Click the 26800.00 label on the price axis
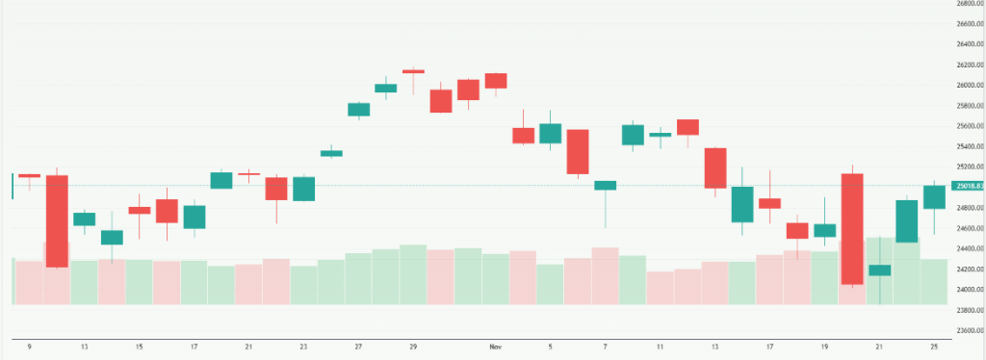click(966, 3)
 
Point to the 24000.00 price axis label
click(966, 290)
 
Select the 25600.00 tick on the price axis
click(966, 126)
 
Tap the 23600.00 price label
click(966, 330)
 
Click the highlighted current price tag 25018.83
click(967, 186)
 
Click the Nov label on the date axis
click(496, 345)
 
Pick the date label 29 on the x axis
click(414, 345)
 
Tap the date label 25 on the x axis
click(934, 345)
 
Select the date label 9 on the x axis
click(29, 345)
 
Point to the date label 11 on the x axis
click(661, 345)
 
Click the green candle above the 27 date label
click(359, 109)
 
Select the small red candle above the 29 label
click(414, 70)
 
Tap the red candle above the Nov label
click(496, 80)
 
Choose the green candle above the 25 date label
click(934, 196)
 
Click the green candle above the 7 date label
click(606, 185)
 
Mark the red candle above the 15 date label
click(140, 210)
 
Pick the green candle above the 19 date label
click(824, 230)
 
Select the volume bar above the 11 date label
click(661, 288)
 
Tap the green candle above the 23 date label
click(304, 189)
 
